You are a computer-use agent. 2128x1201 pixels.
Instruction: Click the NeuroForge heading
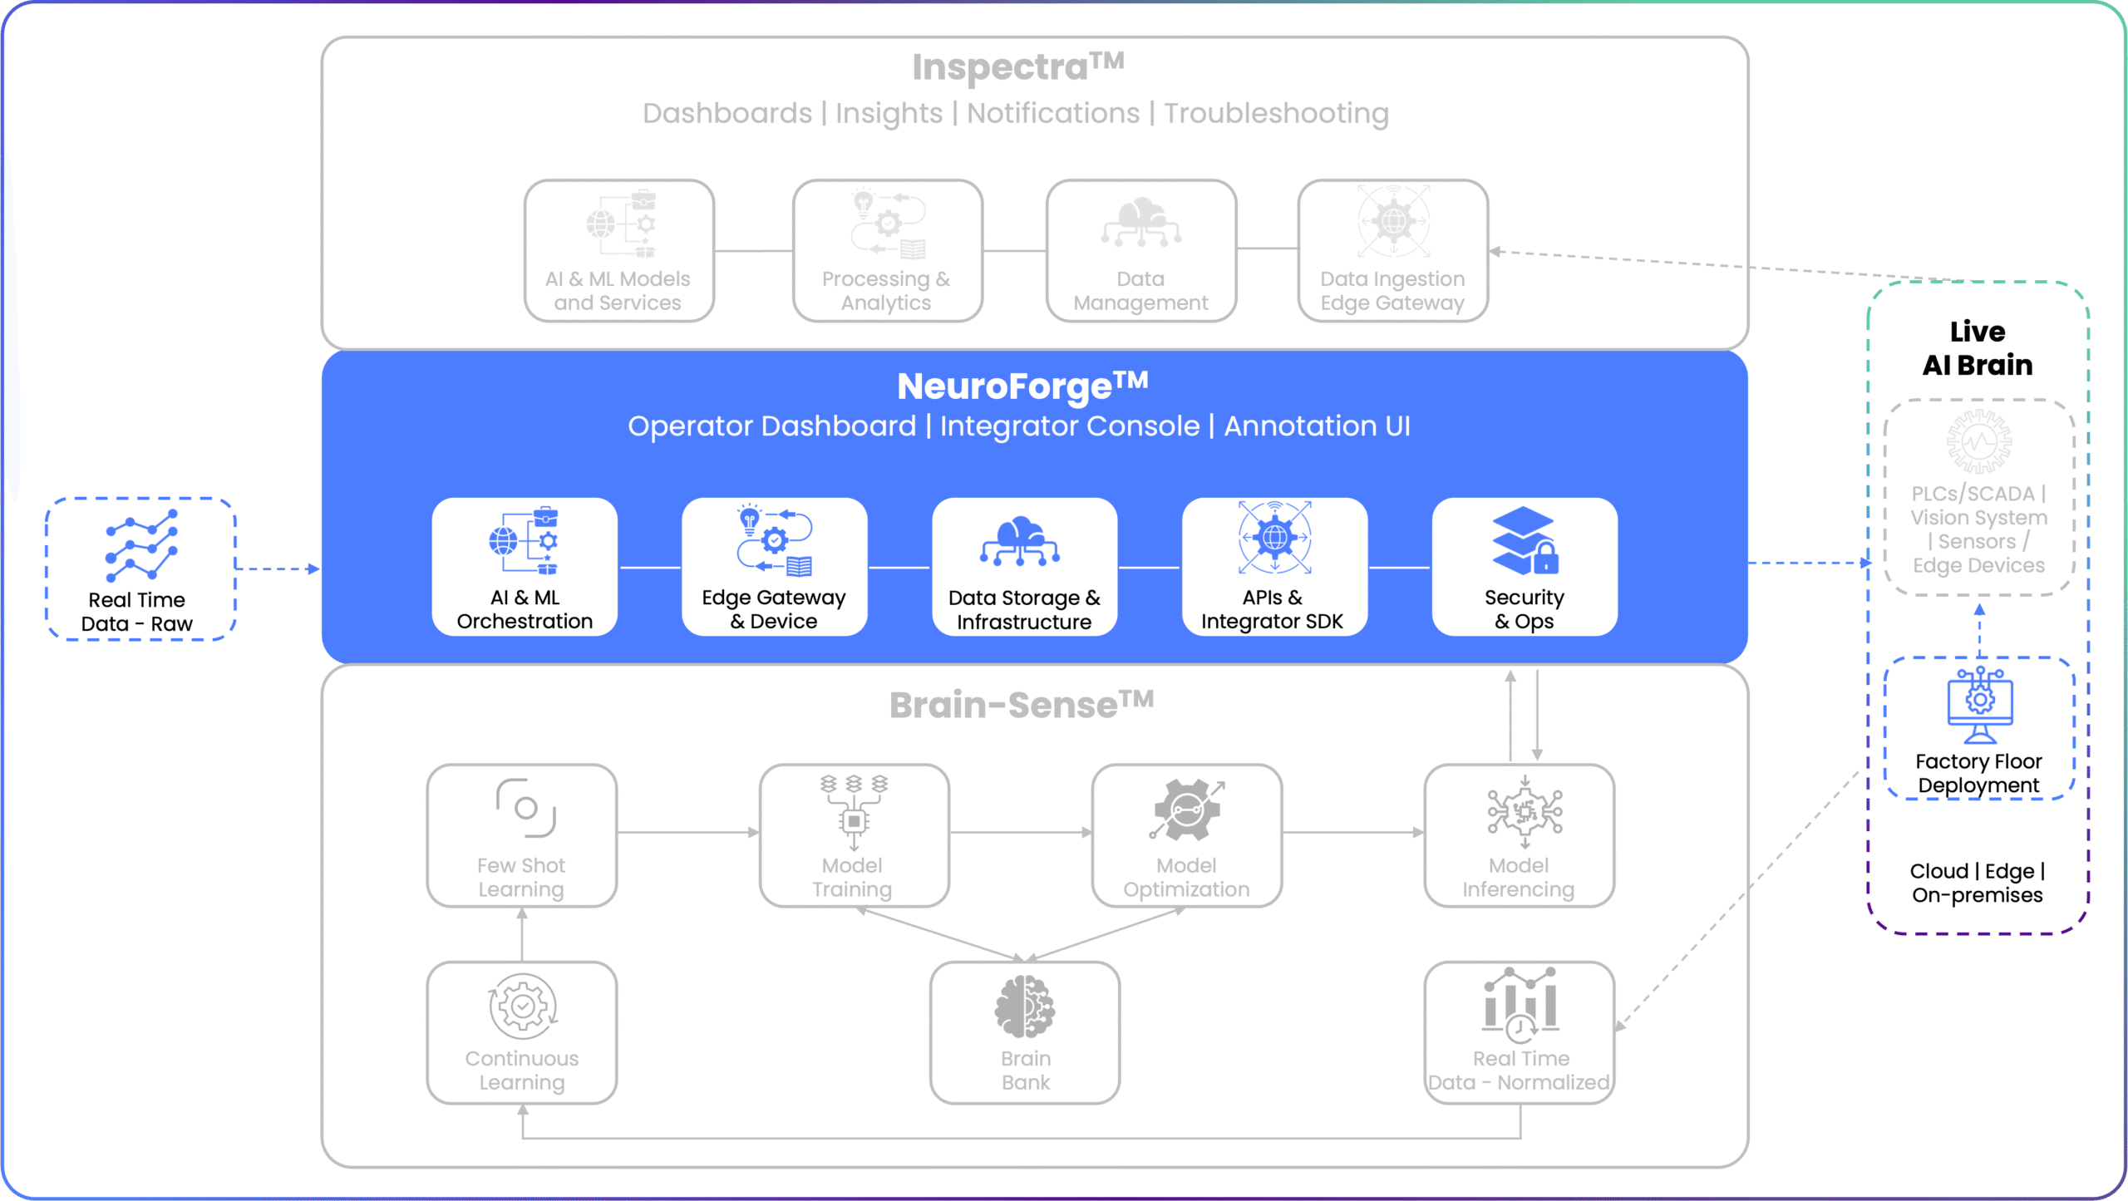pyautogui.click(x=1022, y=386)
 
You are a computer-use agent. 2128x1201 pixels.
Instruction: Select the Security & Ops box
pyautogui.click(x=1525, y=567)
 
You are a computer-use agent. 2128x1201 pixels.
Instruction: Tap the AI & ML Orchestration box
pyautogui.click(x=525, y=567)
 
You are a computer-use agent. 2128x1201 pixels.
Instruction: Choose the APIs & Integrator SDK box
pyautogui.click(x=1273, y=567)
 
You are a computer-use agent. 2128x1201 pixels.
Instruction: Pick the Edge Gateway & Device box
pyautogui.click(x=774, y=567)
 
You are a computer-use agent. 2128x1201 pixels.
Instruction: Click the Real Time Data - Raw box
pyautogui.click(x=140, y=569)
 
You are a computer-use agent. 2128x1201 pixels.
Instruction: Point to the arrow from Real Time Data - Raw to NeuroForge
pyautogui.click(x=278, y=569)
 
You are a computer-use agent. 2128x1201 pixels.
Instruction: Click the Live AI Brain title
pyautogui.click(x=1978, y=348)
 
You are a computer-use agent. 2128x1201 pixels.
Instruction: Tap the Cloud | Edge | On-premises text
pyautogui.click(x=1978, y=883)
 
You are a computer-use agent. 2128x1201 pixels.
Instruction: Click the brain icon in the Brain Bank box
pyautogui.click(x=1025, y=1007)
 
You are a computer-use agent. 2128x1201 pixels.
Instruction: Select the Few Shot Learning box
pyautogui.click(x=521, y=835)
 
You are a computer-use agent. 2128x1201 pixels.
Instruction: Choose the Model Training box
pyautogui.click(x=854, y=835)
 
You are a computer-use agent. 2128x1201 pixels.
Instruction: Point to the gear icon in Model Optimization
pyautogui.click(x=1186, y=810)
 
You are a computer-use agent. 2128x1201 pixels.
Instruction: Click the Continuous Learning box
pyautogui.click(x=521, y=1032)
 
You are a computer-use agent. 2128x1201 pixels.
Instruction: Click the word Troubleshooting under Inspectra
pyautogui.click(x=1276, y=113)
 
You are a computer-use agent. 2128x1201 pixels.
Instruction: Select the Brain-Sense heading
pyautogui.click(x=1022, y=705)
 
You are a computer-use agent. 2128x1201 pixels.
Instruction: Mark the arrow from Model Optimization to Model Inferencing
pyautogui.click(x=1352, y=832)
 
